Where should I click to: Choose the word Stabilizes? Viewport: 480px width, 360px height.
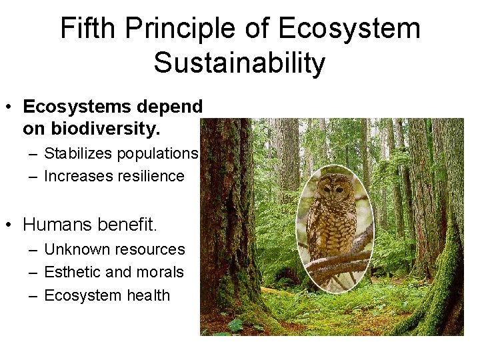pyautogui.click(x=78, y=153)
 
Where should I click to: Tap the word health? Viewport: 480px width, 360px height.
pyautogui.click(x=147, y=295)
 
